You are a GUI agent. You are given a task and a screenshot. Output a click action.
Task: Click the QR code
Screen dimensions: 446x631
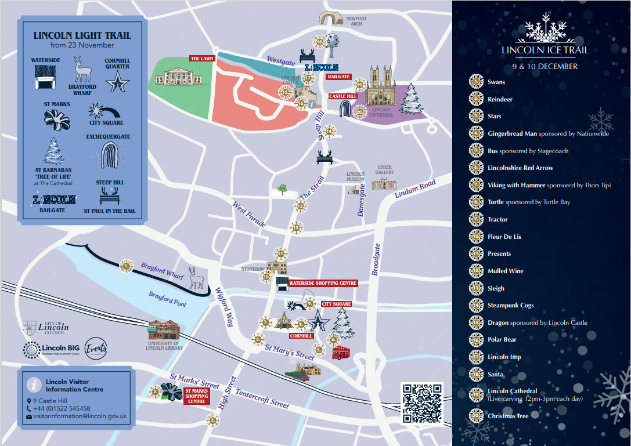point(422,403)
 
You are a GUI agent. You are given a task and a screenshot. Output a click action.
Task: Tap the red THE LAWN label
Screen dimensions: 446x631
point(202,59)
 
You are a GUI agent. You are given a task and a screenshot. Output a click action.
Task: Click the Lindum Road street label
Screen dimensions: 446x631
point(415,189)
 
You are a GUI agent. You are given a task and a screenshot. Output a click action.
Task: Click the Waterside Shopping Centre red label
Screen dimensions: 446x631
point(323,283)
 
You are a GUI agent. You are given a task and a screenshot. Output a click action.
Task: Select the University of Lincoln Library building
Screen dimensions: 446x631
point(164,332)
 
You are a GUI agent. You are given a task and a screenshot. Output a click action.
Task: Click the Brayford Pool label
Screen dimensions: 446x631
point(168,299)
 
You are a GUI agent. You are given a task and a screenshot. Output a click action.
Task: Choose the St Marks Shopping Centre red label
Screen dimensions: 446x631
point(196,396)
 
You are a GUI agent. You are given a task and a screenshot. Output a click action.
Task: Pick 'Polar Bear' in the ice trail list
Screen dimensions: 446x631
point(502,339)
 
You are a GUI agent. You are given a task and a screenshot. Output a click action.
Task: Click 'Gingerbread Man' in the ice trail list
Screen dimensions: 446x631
point(513,133)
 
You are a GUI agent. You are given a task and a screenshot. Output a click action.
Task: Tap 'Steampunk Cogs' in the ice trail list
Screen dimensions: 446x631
point(510,305)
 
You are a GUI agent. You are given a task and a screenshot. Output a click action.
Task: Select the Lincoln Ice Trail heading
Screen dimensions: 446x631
point(545,50)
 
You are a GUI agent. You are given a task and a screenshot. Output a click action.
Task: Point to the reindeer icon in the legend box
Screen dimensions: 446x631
point(82,69)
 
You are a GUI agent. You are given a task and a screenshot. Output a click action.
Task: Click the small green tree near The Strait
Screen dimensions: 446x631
point(282,188)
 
